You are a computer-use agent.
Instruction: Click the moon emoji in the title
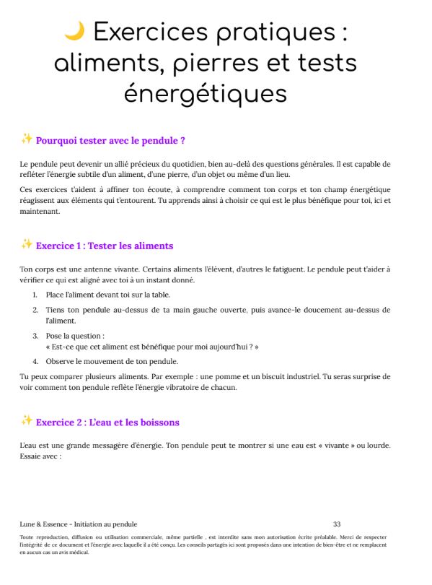[x=74, y=32]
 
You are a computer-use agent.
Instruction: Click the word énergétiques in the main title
[x=206, y=94]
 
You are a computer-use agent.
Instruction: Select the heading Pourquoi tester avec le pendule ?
[x=111, y=140]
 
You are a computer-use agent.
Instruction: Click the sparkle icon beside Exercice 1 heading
[x=27, y=244]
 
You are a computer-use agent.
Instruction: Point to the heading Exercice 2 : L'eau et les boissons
[x=107, y=422]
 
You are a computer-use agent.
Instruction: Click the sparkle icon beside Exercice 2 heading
[x=27, y=421]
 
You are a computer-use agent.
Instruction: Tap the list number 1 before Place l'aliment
[x=35, y=295]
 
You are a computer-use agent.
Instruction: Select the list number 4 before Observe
[x=35, y=361]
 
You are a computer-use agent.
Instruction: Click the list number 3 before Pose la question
[x=35, y=335]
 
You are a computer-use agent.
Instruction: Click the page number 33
[x=337, y=524]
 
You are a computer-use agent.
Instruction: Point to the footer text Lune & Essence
[x=44, y=524]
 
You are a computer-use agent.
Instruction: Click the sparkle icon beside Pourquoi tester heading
[x=27, y=139]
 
